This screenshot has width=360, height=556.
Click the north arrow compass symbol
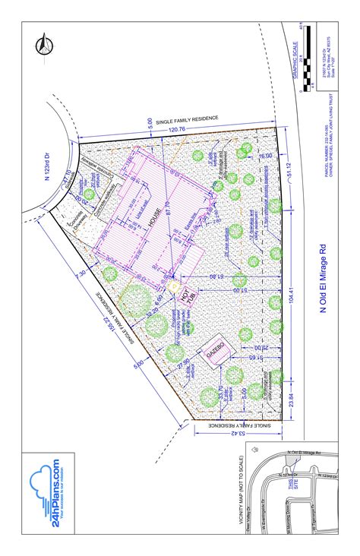(x=43, y=46)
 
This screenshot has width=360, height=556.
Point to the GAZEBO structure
(x=211, y=351)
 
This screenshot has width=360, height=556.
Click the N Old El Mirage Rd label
(x=322, y=278)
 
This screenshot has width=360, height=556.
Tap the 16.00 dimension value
(x=264, y=155)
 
